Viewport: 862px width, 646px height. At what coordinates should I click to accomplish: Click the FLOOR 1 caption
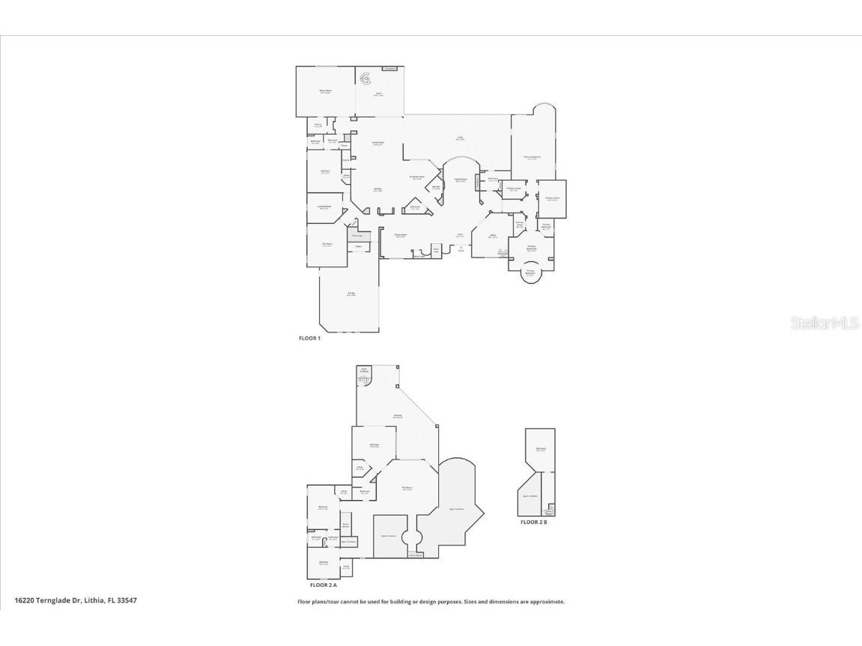[x=309, y=338]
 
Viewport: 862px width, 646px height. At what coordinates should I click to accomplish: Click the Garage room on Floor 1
[x=350, y=294]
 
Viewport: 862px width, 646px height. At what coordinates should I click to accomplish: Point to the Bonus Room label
[x=326, y=91]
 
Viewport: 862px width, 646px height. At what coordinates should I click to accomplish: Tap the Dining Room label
[x=401, y=235]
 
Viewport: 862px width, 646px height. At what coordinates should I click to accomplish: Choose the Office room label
[x=493, y=236]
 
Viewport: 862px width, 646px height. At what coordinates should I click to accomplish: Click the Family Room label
[x=461, y=180]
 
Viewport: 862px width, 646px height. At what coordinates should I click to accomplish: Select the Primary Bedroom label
[x=532, y=157]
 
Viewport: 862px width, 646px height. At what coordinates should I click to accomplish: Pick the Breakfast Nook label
[x=417, y=177]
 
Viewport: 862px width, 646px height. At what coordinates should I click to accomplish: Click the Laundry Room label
[x=324, y=207]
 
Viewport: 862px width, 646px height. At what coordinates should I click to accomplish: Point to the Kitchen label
[x=378, y=189]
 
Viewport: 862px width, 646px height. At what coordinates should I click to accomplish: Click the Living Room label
[x=378, y=142]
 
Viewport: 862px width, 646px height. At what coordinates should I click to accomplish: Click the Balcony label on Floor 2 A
[x=398, y=416]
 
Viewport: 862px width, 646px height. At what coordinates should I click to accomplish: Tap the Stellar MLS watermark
[x=825, y=323]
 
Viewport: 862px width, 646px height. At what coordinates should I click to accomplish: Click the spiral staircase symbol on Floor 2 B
[x=550, y=511]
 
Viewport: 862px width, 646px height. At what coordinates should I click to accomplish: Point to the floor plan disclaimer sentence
[x=431, y=602]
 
